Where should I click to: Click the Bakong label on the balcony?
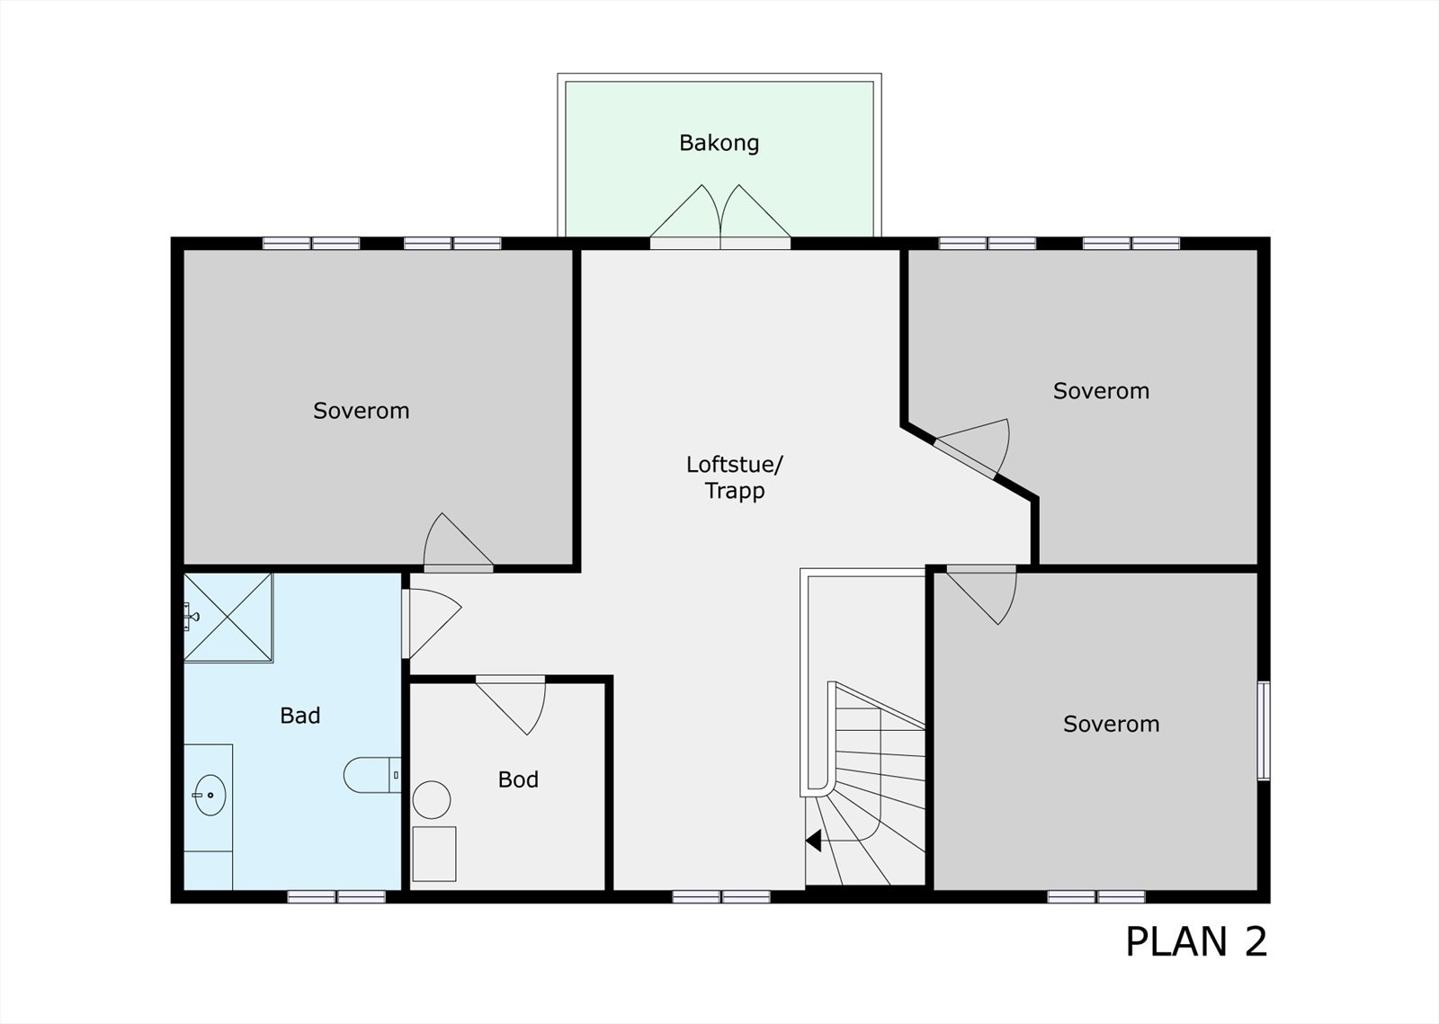click(x=719, y=143)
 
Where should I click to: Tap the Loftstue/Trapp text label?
click(x=734, y=477)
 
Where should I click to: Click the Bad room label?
click(x=299, y=716)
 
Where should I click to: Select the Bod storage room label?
click(x=518, y=779)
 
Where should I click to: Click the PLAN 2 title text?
click(x=1195, y=941)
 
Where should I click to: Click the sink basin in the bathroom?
click(x=210, y=795)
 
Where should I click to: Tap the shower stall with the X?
click(x=228, y=618)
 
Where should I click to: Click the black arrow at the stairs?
click(x=814, y=841)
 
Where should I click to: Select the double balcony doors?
click(x=719, y=216)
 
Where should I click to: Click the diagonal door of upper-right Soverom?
click(x=976, y=447)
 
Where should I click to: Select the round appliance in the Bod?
click(x=432, y=799)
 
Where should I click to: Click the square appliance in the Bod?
click(x=433, y=853)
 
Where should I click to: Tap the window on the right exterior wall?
click(x=1264, y=730)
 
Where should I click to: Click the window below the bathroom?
click(x=336, y=896)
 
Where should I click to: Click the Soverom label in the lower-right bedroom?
click(x=1111, y=724)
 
